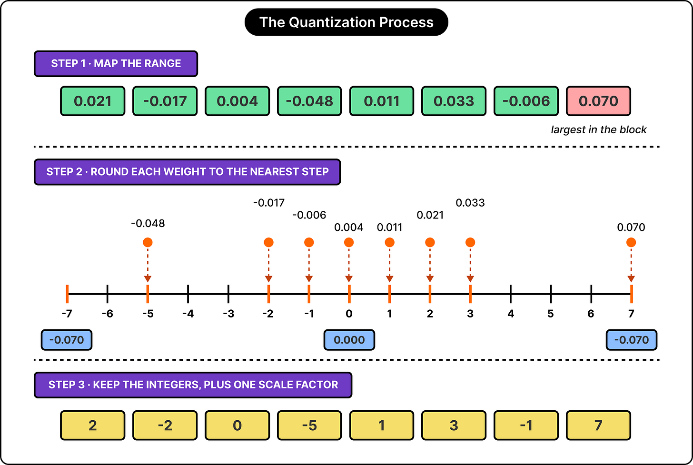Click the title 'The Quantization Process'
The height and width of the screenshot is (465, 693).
(x=346, y=22)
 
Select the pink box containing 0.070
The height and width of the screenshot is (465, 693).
(x=598, y=101)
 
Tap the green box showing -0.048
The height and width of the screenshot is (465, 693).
(x=309, y=101)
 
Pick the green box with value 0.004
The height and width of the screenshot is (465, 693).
(x=238, y=101)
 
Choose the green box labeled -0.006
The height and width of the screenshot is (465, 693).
(x=526, y=101)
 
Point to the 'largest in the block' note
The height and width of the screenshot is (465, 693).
(x=599, y=129)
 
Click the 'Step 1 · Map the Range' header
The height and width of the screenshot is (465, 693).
(x=116, y=63)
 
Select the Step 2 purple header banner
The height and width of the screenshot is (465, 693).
(x=187, y=172)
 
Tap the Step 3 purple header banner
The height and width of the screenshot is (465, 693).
(x=193, y=385)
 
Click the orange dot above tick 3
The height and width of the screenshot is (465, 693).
(x=470, y=242)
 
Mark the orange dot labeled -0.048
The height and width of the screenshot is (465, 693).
(x=148, y=242)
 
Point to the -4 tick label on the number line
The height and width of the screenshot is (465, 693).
(x=188, y=314)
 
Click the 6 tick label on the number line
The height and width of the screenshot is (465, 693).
(x=591, y=314)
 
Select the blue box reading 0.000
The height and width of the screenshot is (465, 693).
(x=349, y=340)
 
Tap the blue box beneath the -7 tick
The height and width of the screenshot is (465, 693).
(x=67, y=340)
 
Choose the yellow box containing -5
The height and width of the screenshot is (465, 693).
(x=309, y=425)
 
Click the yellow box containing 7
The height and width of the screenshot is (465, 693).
(x=598, y=425)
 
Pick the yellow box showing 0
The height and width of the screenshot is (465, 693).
(x=238, y=425)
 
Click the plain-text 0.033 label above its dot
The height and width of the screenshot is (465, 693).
(x=470, y=203)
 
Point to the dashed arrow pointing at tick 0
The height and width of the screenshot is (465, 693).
(x=349, y=265)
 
